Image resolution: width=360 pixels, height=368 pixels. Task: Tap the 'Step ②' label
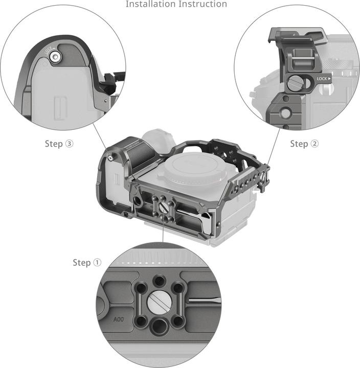304,144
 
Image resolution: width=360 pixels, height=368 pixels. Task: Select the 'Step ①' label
87,262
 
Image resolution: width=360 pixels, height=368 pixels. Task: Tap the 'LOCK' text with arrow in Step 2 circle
323,79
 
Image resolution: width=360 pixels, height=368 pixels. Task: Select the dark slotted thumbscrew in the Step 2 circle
296,82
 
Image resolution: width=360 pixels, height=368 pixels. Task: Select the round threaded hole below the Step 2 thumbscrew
285,113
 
